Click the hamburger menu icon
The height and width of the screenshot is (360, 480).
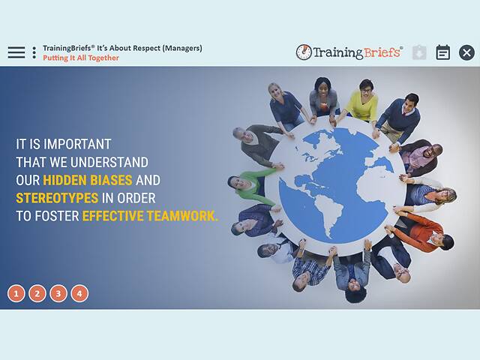pyautogui.click(x=16, y=52)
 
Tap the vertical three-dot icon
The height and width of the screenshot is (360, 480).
pyautogui.click(x=34, y=52)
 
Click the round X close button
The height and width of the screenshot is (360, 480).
pyautogui.click(x=466, y=52)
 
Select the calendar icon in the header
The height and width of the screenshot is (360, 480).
pyautogui.click(x=443, y=52)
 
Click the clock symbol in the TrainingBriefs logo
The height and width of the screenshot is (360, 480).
pyautogui.click(x=304, y=52)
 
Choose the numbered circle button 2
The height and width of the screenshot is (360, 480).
pyautogui.click(x=37, y=293)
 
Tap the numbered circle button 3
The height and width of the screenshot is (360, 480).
pyautogui.click(x=58, y=293)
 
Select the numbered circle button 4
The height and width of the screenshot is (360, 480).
pyautogui.click(x=79, y=293)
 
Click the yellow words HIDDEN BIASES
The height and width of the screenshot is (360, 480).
pyautogui.click(x=87, y=180)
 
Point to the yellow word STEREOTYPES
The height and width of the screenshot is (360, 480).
pyautogui.click(x=57, y=198)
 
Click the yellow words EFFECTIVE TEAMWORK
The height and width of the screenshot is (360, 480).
pyautogui.click(x=150, y=216)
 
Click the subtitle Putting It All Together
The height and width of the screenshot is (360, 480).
pyautogui.click(x=81, y=58)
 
